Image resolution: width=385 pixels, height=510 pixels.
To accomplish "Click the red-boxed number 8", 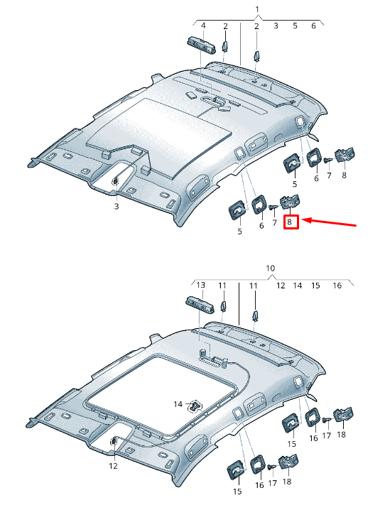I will pyautogui.click(x=291, y=222).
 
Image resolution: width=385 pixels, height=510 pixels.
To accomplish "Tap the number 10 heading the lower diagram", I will pyautogui.click(x=270, y=268).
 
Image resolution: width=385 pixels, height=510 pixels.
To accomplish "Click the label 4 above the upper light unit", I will pyautogui.click(x=203, y=26).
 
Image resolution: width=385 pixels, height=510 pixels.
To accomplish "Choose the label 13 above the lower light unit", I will pyautogui.click(x=201, y=285).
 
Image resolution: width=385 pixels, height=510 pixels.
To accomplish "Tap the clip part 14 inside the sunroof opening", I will pyautogui.click(x=194, y=406).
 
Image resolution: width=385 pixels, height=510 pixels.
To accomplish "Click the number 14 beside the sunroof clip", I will pyautogui.click(x=178, y=403).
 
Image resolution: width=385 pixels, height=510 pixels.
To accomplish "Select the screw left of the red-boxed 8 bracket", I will pyautogui.click(x=274, y=207).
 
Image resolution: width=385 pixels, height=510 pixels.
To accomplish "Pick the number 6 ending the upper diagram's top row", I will pyautogui.click(x=313, y=26).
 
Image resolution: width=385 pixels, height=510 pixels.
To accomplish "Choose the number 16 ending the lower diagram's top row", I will pyautogui.click(x=337, y=285).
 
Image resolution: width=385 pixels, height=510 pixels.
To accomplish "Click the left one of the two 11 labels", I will pyautogui.click(x=222, y=285).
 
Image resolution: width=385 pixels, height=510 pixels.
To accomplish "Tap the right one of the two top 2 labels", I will pyautogui.click(x=257, y=26).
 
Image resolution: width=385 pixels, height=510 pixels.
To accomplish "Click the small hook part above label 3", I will pyautogui.click(x=115, y=183).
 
